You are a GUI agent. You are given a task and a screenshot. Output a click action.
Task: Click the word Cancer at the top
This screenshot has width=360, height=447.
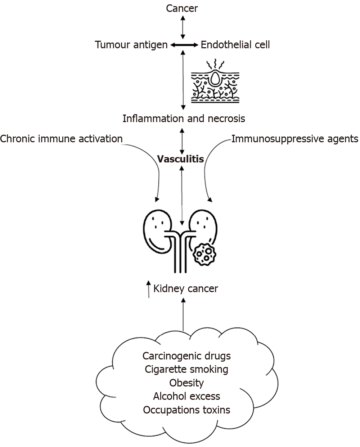pyautogui.click(x=182, y=9)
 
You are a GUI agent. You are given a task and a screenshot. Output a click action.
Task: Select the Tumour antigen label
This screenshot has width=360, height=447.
pyautogui.click(x=131, y=45)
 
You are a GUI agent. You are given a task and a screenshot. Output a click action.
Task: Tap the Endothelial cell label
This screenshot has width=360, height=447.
pyautogui.click(x=235, y=45)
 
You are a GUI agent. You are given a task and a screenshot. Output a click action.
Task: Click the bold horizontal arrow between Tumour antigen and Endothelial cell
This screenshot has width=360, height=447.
pyautogui.click(x=184, y=45)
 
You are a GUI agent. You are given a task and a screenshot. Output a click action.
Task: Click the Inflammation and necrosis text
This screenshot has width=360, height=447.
pyautogui.click(x=184, y=119)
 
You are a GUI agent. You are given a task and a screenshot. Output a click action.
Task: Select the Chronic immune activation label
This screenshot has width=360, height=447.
pyautogui.click(x=61, y=139)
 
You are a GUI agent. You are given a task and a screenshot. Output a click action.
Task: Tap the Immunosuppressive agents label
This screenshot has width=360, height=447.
pyautogui.click(x=295, y=139)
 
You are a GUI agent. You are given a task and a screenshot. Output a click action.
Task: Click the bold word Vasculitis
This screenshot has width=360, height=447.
pyautogui.click(x=180, y=159)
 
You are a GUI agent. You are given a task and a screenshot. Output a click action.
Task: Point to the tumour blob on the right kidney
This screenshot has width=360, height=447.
pyautogui.click(x=204, y=255)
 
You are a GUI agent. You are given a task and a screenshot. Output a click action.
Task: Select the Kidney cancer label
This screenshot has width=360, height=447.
pyautogui.click(x=186, y=289)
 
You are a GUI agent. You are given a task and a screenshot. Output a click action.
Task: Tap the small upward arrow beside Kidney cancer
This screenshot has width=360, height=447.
pyautogui.click(x=148, y=289)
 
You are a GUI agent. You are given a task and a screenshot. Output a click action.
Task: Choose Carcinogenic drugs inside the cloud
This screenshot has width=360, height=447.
pyautogui.click(x=186, y=356)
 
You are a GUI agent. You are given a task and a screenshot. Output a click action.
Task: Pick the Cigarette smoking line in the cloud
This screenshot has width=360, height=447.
pyautogui.click(x=186, y=370)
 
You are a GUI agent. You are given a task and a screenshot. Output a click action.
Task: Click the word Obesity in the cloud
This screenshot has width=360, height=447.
pyautogui.click(x=186, y=383)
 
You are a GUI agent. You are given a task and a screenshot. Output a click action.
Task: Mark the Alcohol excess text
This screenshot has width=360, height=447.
pyautogui.click(x=186, y=396)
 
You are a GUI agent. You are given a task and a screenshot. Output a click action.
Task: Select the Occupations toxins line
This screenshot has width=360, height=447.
pyautogui.click(x=186, y=410)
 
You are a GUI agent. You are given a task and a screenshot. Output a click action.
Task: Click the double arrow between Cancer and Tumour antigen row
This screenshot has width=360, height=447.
pyautogui.click(x=183, y=27)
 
